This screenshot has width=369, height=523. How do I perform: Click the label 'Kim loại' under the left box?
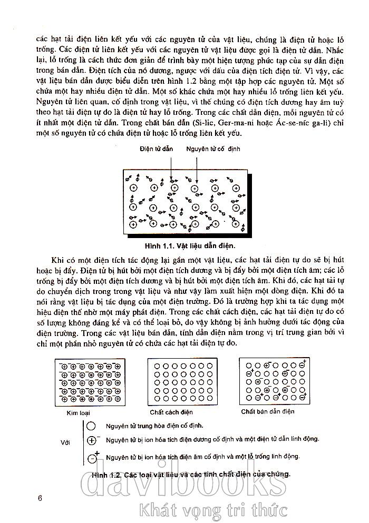point(77,413)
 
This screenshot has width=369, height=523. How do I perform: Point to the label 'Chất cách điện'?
point(171,412)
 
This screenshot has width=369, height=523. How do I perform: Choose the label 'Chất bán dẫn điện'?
point(268,411)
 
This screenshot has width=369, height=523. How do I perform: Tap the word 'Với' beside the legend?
point(65,442)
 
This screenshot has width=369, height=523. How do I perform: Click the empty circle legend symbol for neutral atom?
point(92,426)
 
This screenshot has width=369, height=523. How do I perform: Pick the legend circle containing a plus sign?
point(92,441)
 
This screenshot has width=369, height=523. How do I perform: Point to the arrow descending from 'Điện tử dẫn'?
point(171,169)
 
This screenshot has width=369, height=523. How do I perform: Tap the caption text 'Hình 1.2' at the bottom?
point(108,475)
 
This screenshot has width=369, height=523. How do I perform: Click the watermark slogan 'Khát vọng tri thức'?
point(210,510)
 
